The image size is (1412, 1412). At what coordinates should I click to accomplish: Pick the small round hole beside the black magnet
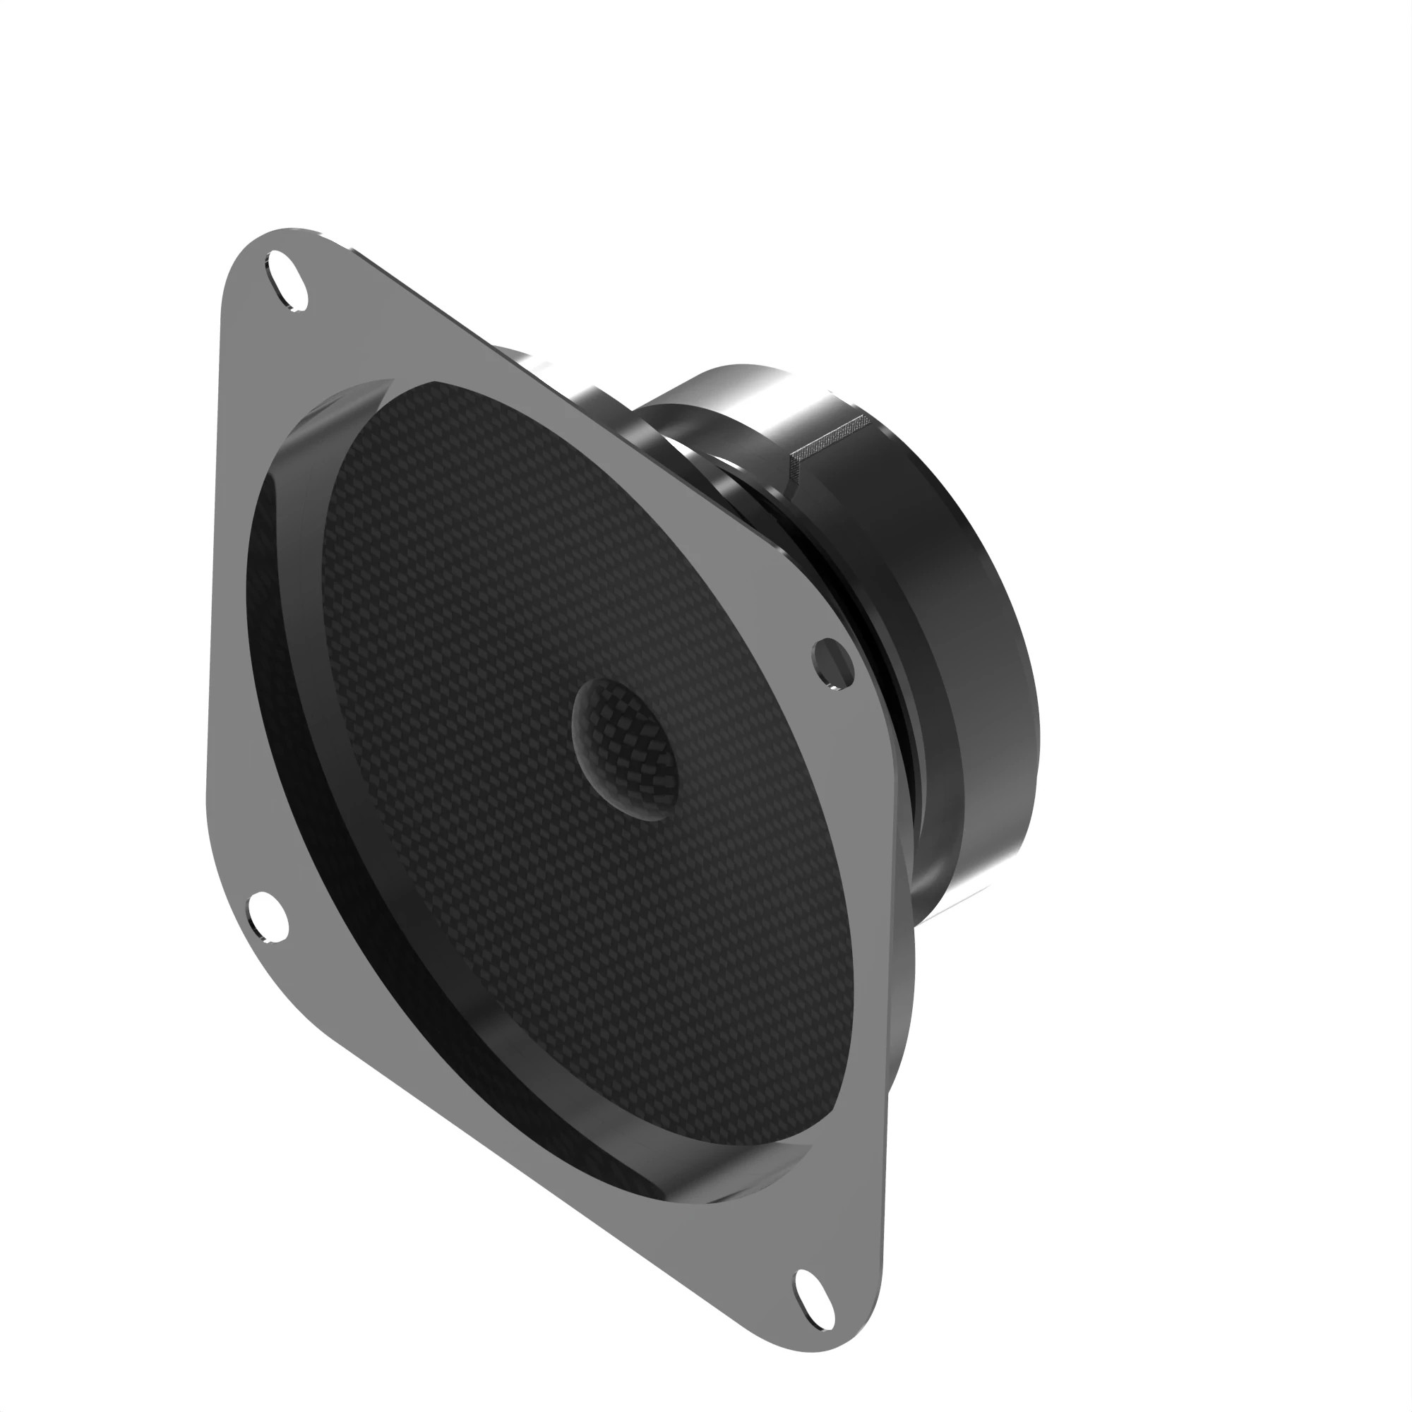833,662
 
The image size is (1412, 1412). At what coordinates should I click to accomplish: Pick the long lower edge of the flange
512,1155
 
